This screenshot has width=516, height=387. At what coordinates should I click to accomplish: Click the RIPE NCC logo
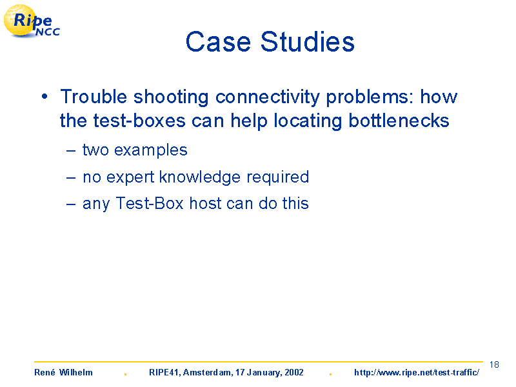(x=32, y=21)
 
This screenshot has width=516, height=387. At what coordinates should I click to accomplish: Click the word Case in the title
(x=218, y=42)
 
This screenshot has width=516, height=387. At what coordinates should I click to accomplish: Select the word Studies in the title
(x=308, y=42)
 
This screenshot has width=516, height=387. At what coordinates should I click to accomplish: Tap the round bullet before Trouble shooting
(x=45, y=97)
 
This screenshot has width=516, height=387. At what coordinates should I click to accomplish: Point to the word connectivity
(x=268, y=97)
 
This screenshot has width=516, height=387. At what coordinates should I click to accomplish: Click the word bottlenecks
(x=399, y=121)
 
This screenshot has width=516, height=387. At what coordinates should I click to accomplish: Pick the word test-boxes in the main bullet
(x=139, y=121)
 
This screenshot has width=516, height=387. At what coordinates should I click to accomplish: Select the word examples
(x=151, y=150)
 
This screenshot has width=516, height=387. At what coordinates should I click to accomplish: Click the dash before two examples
(x=71, y=151)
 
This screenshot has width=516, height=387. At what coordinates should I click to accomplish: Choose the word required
(x=278, y=177)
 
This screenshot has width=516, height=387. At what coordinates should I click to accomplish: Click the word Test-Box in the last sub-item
(x=150, y=203)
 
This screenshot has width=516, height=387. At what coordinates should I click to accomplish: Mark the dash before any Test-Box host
(x=71, y=204)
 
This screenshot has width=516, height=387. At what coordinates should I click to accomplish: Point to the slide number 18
(x=494, y=364)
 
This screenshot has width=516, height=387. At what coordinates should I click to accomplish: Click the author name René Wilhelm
(x=63, y=373)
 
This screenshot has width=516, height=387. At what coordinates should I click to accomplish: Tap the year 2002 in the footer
(x=294, y=373)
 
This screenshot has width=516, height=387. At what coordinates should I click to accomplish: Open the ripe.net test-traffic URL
(x=417, y=373)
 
